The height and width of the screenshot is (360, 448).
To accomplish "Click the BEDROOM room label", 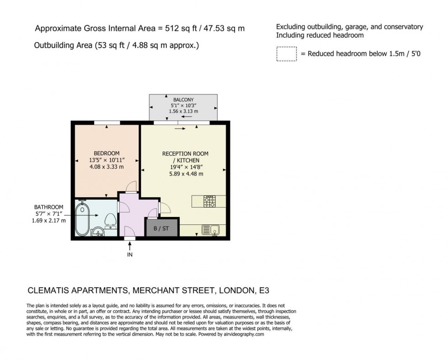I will (x=107, y=153).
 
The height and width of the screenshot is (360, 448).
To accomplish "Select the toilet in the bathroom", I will (x=110, y=220).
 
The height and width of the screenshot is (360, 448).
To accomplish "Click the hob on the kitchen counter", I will (x=209, y=201).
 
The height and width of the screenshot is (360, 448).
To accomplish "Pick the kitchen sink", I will (x=211, y=230).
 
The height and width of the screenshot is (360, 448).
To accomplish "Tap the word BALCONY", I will (x=183, y=100).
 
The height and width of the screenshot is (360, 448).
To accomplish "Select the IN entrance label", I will (x=130, y=254).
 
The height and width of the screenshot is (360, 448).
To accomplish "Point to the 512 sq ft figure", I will (x=176, y=28).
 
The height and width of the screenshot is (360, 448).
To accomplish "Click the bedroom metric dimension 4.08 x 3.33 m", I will (x=107, y=167).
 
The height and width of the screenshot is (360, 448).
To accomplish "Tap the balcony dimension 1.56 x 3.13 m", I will (x=183, y=111).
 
